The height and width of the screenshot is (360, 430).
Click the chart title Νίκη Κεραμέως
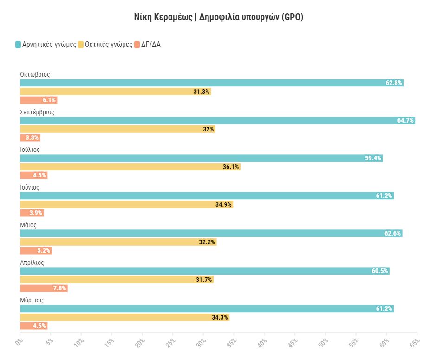(163, 17)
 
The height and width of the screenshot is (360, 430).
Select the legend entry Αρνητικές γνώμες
(46, 45)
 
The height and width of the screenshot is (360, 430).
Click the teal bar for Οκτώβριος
(211, 83)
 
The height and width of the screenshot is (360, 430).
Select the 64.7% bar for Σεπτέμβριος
(217, 120)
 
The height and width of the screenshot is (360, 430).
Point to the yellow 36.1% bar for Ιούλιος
(130, 167)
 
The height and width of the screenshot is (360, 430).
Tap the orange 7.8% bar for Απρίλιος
(44, 288)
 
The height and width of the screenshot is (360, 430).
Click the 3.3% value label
(33, 138)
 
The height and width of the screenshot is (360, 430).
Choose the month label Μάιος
(28, 225)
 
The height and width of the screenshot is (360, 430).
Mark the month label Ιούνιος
(30, 187)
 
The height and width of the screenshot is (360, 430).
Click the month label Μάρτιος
(32, 300)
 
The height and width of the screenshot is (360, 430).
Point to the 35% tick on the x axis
(231, 342)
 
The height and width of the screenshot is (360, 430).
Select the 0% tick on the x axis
(19, 342)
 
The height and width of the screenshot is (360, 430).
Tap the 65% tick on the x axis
(414, 342)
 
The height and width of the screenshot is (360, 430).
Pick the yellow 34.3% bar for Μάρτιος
(124, 317)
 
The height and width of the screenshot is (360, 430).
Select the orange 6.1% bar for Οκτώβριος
(38, 100)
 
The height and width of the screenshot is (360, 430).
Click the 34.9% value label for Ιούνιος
(223, 204)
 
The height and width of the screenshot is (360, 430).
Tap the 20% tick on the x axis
(140, 342)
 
